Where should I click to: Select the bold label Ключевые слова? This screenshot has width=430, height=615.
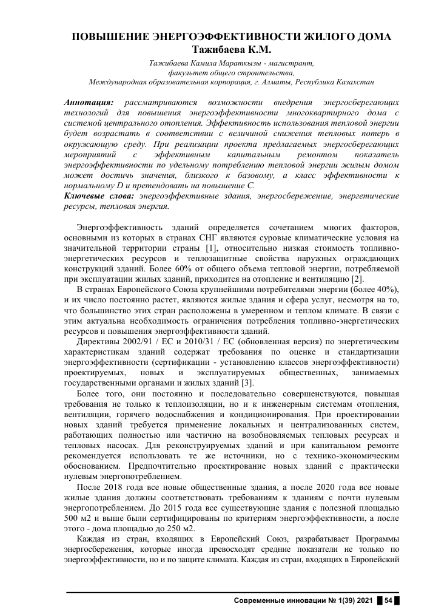[x=99, y=197]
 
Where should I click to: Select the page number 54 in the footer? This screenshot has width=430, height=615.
[x=389, y=600]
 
